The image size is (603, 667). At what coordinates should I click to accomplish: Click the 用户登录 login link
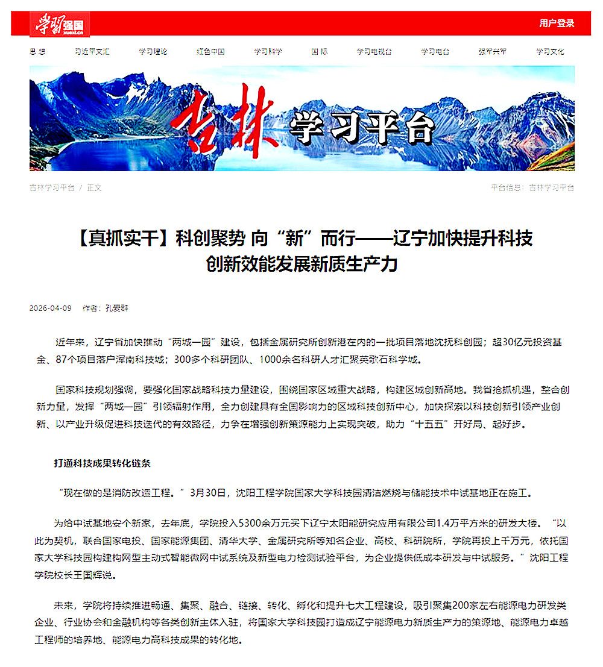pyautogui.click(x=557, y=23)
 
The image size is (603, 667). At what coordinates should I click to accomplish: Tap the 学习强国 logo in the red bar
pyautogui.click(x=60, y=25)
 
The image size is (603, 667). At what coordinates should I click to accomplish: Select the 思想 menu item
pyautogui.click(x=37, y=52)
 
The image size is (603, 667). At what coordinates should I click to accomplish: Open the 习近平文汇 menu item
pyautogui.click(x=92, y=52)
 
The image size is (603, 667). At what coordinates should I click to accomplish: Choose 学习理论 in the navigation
pyautogui.click(x=153, y=52)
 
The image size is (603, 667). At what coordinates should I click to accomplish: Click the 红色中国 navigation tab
pyautogui.click(x=210, y=52)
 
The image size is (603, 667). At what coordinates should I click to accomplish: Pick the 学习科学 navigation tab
pyautogui.click(x=268, y=52)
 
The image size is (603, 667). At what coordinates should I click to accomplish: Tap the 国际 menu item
pyautogui.click(x=320, y=52)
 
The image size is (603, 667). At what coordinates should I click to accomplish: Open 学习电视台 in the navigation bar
pyautogui.click(x=374, y=52)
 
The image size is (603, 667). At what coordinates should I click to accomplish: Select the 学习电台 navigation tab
pyautogui.click(x=435, y=52)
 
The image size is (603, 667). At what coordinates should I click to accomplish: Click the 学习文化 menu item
pyautogui.click(x=550, y=52)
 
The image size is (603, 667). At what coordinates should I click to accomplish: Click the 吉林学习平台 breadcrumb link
pyautogui.click(x=52, y=187)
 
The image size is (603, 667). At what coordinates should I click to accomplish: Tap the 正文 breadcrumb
pyautogui.click(x=95, y=187)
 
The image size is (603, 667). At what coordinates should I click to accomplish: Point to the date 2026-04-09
pyautogui.click(x=51, y=308)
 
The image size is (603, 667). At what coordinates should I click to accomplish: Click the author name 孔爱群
pyautogui.click(x=117, y=308)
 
